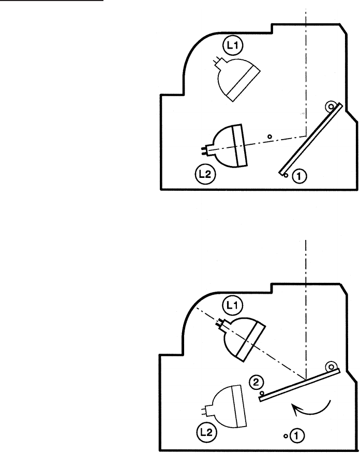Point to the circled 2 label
pos(256,383)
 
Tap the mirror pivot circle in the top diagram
pos(329,108)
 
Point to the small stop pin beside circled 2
pos(262,394)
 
